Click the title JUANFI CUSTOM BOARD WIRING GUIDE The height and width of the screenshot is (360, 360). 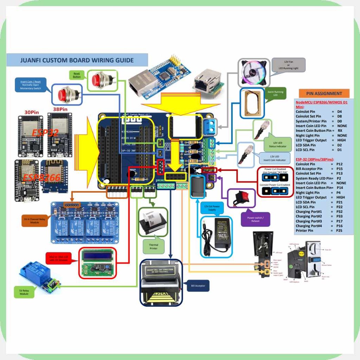click(x=77, y=60)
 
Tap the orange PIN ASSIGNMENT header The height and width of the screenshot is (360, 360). click(x=324, y=94)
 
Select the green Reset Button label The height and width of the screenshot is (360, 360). click(x=77, y=75)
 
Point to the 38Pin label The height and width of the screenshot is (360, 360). click(x=60, y=109)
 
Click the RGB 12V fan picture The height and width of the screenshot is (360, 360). click(x=254, y=73)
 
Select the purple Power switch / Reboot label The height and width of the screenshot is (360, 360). click(x=256, y=219)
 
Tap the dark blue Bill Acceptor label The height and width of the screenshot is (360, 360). click(x=198, y=285)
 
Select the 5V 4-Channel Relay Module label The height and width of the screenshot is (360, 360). click(x=34, y=220)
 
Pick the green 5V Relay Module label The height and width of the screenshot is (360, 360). click(x=24, y=292)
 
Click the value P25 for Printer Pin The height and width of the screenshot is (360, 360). click(x=339, y=231)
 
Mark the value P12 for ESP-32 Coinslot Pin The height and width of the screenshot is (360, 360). click(x=339, y=164)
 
